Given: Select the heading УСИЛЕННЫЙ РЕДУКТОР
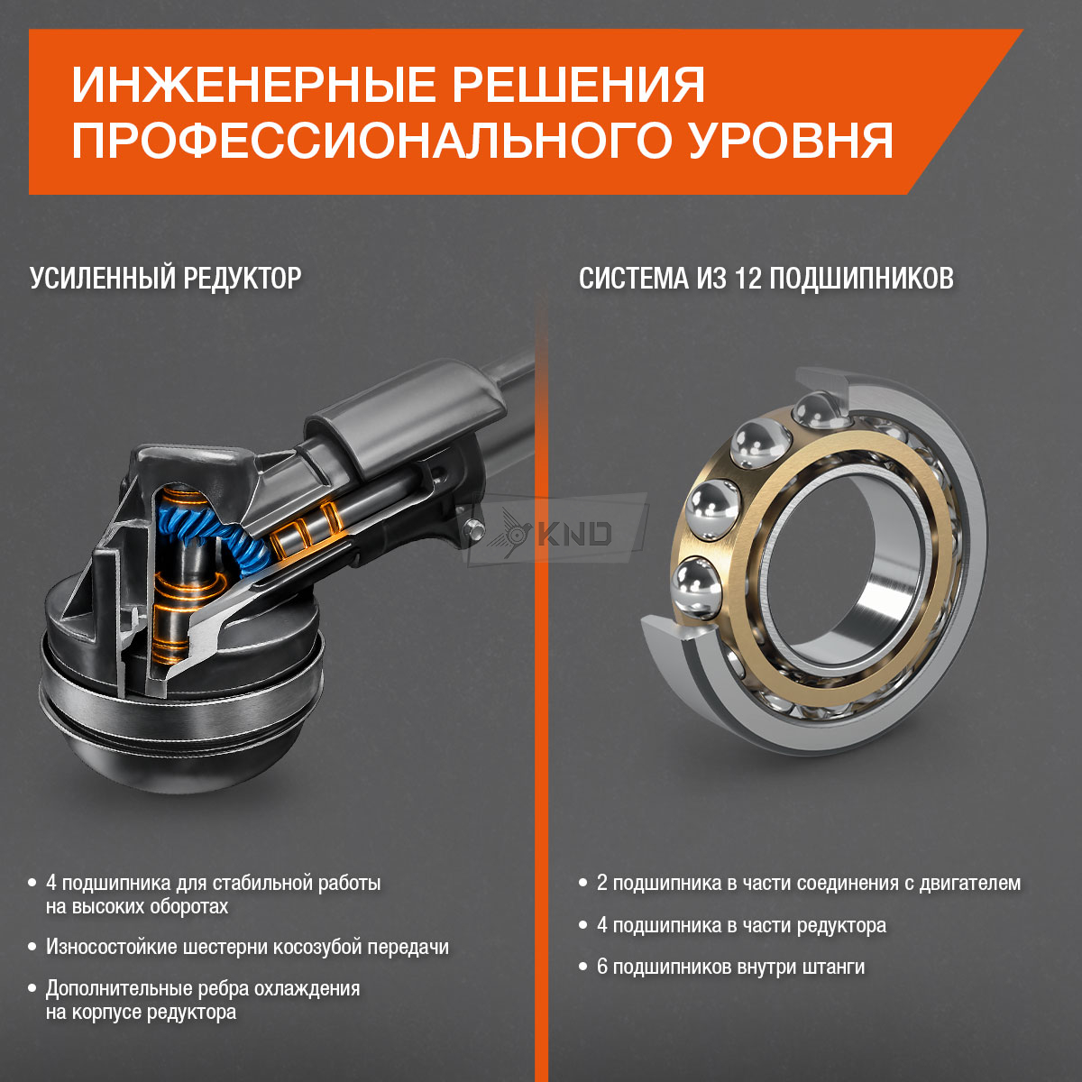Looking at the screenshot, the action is coord(166,278).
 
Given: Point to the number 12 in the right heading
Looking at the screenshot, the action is coord(747,278).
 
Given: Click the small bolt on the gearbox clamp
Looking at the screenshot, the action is coord(475,527).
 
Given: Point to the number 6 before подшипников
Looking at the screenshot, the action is coord(602,967).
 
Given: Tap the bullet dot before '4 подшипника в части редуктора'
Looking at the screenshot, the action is coord(582,925).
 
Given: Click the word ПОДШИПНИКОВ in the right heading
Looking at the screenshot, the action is coord(861,278).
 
